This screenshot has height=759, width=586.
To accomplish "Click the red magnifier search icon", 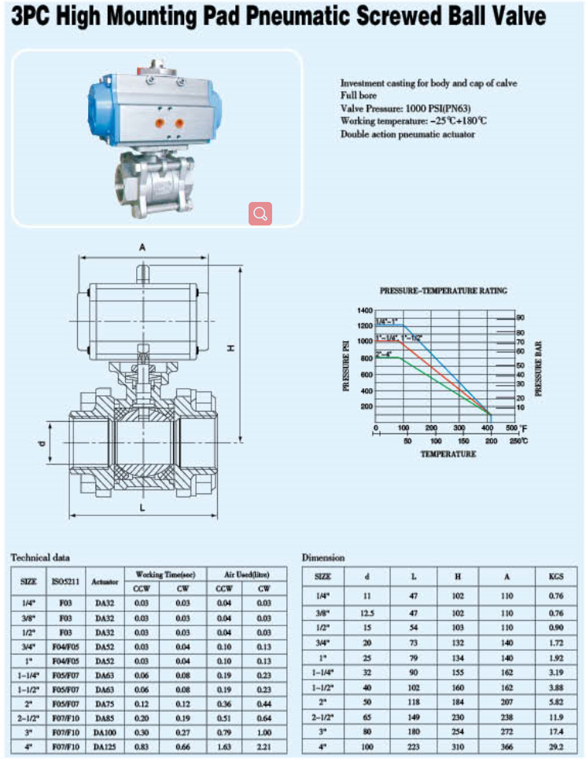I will [x=260, y=213].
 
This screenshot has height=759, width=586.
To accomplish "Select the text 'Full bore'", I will [x=359, y=95].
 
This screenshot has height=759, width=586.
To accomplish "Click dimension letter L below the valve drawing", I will [x=142, y=508].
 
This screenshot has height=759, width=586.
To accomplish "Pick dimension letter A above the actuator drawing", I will [x=142, y=247].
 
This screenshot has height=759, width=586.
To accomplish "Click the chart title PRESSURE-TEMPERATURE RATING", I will [x=444, y=291].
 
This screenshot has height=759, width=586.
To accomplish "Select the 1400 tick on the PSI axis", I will [x=363, y=311].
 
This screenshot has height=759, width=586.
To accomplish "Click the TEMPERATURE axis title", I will [x=448, y=454].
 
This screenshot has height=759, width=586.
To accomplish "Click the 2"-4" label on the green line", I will [x=385, y=354].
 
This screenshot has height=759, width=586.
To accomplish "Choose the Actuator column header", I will [x=105, y=581].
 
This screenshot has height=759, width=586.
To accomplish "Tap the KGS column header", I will [x=556, y=577].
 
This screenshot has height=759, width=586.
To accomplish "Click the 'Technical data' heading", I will [x=40, y=557].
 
